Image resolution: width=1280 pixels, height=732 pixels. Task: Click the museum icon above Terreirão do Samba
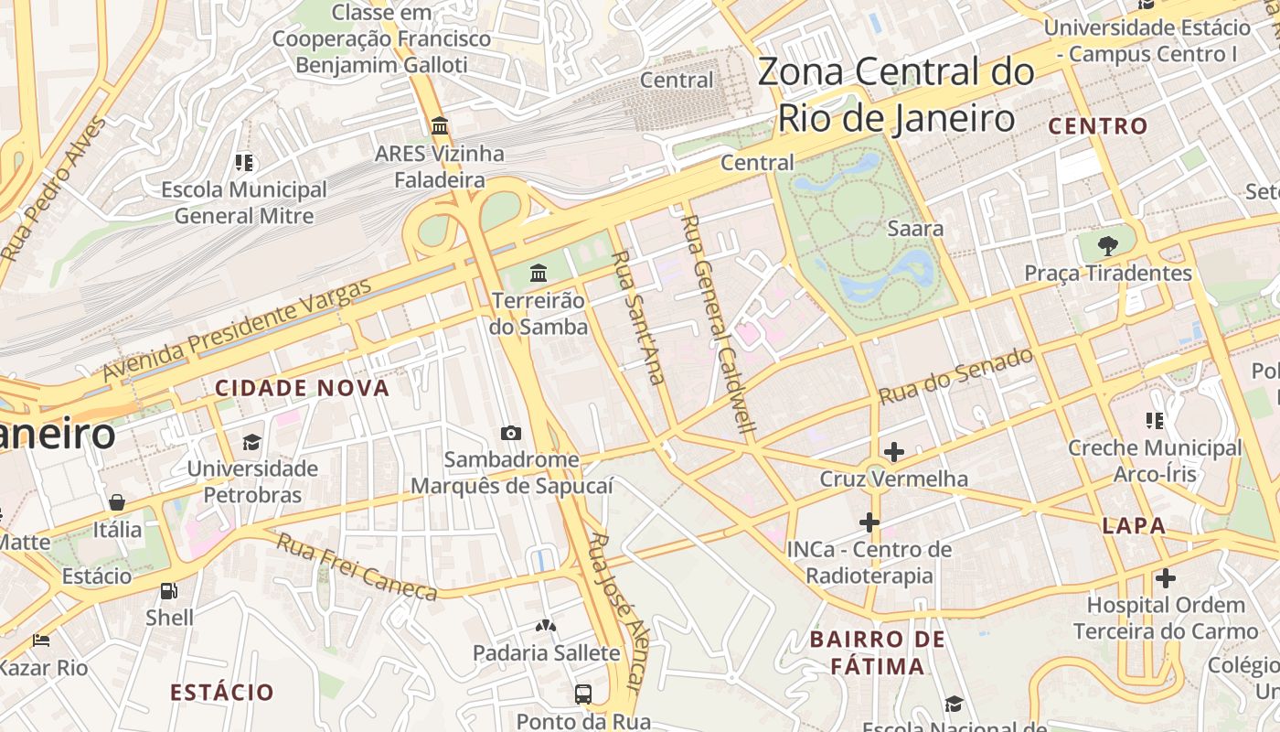539,273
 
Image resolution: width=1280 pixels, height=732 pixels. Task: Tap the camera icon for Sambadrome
511,433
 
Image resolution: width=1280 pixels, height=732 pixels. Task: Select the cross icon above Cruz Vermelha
894,452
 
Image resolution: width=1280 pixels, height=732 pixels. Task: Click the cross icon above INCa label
869,522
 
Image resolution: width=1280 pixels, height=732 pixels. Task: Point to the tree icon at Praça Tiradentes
1108,245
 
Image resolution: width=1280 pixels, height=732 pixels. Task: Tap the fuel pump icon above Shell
168,591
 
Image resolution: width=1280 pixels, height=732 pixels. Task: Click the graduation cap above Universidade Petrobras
251,443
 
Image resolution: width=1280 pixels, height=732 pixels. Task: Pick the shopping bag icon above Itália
117,502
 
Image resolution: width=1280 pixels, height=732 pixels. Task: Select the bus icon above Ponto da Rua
583,694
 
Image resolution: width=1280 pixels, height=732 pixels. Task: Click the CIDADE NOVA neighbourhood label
303,388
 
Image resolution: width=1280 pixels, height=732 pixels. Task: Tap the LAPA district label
1134,525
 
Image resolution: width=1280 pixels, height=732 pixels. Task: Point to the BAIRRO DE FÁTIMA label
878,652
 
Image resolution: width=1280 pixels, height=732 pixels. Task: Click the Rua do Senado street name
955,376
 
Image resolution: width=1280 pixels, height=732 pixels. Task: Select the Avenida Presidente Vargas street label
237,329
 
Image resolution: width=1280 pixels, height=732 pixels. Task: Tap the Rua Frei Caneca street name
357,568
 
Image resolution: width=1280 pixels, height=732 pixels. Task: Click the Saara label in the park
915,228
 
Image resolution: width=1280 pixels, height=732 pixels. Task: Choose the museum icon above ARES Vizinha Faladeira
440,125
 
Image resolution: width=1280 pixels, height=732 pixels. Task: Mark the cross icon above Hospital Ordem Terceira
1165,578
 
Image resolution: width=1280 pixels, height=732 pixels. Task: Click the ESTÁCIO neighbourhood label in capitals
222,692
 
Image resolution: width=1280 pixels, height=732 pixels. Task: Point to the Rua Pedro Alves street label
55,188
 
